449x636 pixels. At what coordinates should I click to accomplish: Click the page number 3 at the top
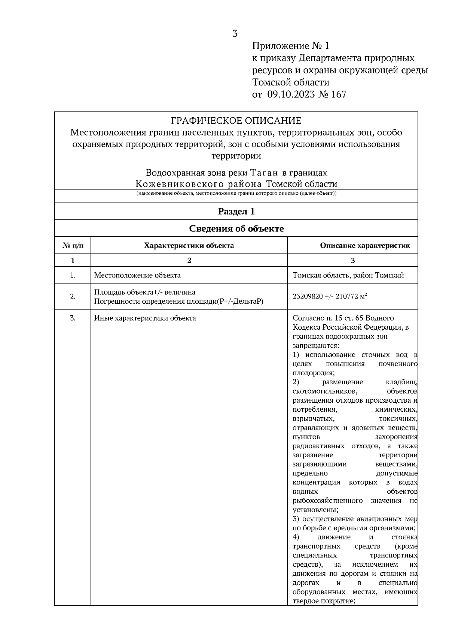[235, 34]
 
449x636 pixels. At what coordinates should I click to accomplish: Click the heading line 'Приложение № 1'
[291, 46]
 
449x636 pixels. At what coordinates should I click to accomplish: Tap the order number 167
[339, 94]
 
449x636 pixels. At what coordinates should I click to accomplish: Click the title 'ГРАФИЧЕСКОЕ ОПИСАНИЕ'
[236, 121]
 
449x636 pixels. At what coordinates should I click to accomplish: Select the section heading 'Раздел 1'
[236, 211]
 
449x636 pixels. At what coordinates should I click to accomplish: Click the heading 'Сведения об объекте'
[236, 228]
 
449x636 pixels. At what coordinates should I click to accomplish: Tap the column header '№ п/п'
[73, 246]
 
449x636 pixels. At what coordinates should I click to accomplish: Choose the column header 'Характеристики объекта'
[189, 246]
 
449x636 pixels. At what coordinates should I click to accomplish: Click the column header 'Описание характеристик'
[365, 246]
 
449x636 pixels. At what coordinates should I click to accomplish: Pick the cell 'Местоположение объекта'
[137, 275]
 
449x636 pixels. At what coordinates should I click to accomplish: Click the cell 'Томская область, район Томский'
[348, 275]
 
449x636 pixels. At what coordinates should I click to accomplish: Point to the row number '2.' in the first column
[73, 297]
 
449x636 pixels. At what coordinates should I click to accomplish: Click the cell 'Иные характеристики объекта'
[145, 318]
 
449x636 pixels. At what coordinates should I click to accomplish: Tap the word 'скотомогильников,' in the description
[325, 391]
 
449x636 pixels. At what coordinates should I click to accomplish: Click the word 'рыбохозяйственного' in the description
[327, 500]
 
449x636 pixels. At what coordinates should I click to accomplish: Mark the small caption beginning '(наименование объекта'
[236, 194]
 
